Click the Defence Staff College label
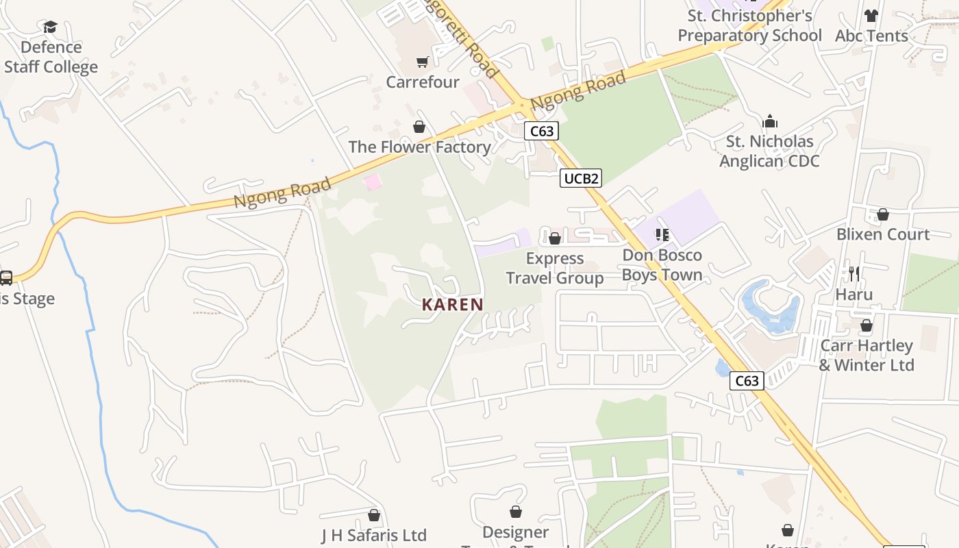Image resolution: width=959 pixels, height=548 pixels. [51, 57]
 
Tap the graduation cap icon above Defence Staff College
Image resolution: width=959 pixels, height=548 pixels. [50, 27]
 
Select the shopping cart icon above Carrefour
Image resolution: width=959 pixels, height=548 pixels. [423, 62]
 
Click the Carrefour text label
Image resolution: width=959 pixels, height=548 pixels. [423, 82]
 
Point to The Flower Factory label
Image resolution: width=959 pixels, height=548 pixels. [419, 147]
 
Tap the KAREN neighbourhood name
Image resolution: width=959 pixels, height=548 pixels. [452, 305]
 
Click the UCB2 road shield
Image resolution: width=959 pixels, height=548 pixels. [581, 179]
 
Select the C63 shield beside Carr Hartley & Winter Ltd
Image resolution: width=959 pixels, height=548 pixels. [746, 381]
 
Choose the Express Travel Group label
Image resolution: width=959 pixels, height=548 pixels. [555, 268]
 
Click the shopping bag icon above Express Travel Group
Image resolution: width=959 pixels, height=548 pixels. [555, 238]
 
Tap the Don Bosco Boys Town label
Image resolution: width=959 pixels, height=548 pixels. [662, 265]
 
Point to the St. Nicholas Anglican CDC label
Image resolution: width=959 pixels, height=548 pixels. [769, 151]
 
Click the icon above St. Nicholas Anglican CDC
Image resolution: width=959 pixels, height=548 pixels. [770, 122]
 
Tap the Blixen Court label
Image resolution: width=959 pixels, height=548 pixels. [883, 234]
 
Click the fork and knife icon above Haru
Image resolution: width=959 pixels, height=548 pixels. [854, 274]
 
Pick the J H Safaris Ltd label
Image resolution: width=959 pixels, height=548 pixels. [374, 535]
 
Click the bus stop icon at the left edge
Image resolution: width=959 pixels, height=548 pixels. [6, 278]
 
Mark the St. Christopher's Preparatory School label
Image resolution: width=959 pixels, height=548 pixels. [749, 25]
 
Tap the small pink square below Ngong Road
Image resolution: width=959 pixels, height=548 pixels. [372, 182]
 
